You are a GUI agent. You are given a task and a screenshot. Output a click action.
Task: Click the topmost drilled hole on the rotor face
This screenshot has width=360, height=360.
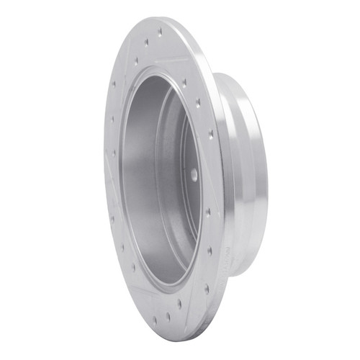tap(160, 32)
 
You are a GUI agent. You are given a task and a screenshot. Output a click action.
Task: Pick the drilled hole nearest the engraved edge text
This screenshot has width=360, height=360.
tap(210, 251)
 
